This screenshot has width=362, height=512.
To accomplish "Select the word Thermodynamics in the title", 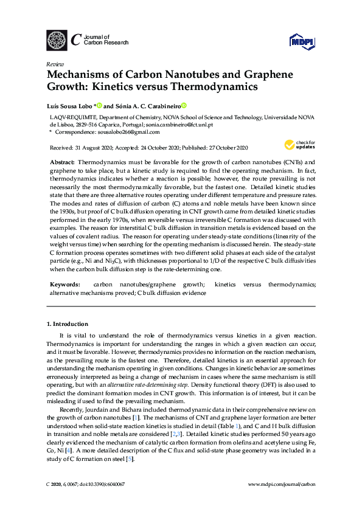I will tap(209, 86).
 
